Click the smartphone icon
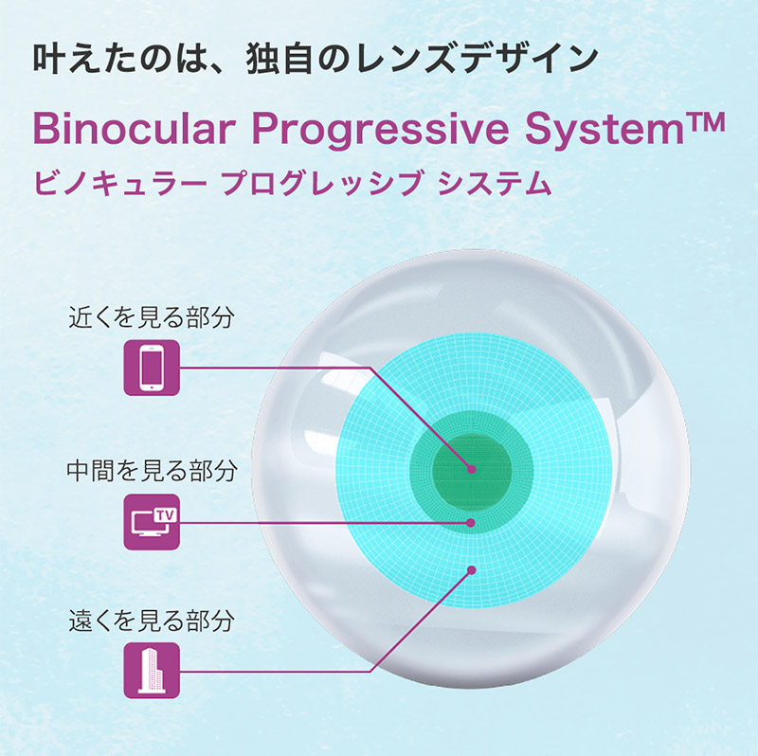[x=152, y=368]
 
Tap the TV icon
[x=152, y=522]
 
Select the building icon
[x=152, y=671]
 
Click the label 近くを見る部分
[x=152, y=317]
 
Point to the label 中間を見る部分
[x=152, y=470]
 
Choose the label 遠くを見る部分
[x=152, y=621]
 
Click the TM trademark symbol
[x=705, y=122]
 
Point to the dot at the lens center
[x=472, y=469]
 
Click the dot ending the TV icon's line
[x=471, y=523]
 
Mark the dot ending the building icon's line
[x=472, y=570]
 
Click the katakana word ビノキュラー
[x=120, y=184]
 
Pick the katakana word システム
[x=495, y=184]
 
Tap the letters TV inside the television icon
[x=165, y=515]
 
